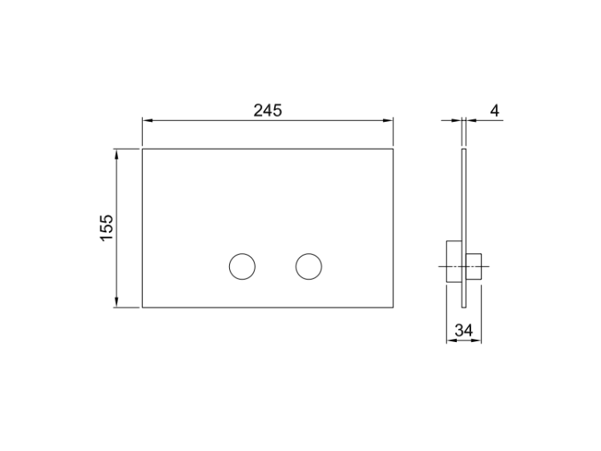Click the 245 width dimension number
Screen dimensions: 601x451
coord(268,111)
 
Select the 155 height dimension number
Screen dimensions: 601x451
coord(107,228)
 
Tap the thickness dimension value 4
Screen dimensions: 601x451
coord(495,111)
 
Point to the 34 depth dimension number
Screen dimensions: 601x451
coord(464,330)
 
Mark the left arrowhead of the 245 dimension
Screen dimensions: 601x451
coord(148,120)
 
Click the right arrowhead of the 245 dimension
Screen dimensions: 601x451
coord(388,120)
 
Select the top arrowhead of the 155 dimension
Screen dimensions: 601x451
coord(116,155)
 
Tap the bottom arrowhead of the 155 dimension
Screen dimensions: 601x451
coord(116,302)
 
